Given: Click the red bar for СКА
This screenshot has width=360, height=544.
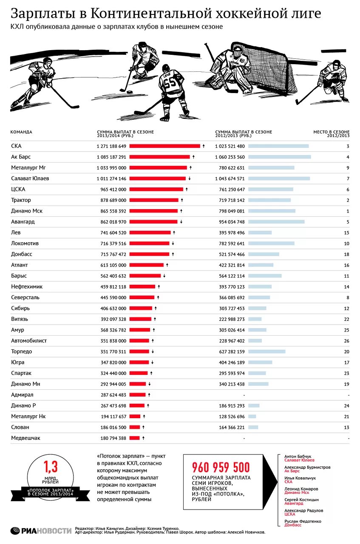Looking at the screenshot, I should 164,146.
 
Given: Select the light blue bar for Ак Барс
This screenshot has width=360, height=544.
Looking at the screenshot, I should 279,157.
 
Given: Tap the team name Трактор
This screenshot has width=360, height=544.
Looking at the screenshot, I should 21,200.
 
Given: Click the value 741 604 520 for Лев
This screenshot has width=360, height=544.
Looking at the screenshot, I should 111,233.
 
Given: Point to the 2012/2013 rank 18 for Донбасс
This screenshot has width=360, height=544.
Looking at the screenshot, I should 346,255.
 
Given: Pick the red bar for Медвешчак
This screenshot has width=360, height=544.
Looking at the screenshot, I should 134,438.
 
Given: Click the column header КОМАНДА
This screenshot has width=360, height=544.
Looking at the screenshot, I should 21,132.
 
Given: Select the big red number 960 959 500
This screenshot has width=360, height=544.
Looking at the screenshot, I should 221,467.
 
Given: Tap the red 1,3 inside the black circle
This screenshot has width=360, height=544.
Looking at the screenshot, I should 51,467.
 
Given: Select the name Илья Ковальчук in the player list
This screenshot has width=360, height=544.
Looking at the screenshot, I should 300,478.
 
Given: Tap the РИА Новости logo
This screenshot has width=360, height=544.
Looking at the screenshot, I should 41,530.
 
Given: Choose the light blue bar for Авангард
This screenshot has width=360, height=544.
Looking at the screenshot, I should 276,222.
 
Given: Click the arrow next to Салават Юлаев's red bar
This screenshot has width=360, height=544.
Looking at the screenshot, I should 190,178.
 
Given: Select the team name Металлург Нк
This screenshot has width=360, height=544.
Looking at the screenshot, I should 28,416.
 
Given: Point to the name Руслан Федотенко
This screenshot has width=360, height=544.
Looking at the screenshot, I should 303,521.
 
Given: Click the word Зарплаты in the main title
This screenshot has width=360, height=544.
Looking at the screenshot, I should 42,14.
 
